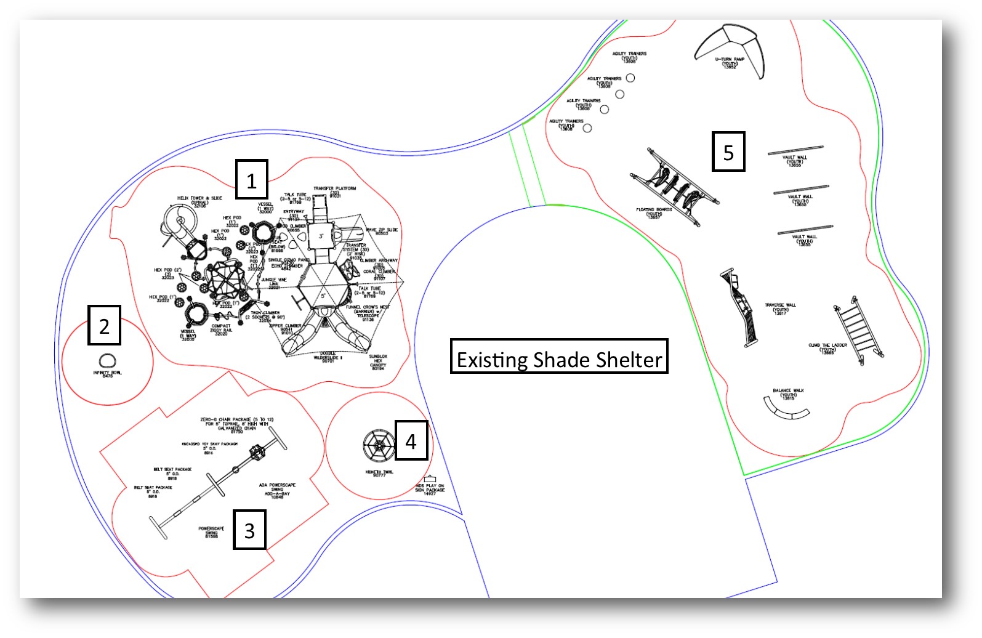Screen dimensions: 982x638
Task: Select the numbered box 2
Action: (104, 325)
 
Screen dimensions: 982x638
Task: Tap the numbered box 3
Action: (249, 530)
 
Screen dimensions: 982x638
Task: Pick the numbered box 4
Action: (411, 440)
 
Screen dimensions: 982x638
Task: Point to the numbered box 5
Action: (728, 151)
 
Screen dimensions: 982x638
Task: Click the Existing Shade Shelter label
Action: (559, 357)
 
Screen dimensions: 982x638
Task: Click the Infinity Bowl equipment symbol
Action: (108, 361)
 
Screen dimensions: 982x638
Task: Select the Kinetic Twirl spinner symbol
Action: (379, 446)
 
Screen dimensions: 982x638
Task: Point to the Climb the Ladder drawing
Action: (858, 329)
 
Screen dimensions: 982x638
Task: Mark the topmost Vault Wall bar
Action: (795, 150)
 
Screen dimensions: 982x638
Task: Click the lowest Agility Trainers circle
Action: (587, 128)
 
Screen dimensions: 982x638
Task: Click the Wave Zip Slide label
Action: (382, 231)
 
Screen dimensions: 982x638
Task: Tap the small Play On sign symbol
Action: (430, 478)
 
